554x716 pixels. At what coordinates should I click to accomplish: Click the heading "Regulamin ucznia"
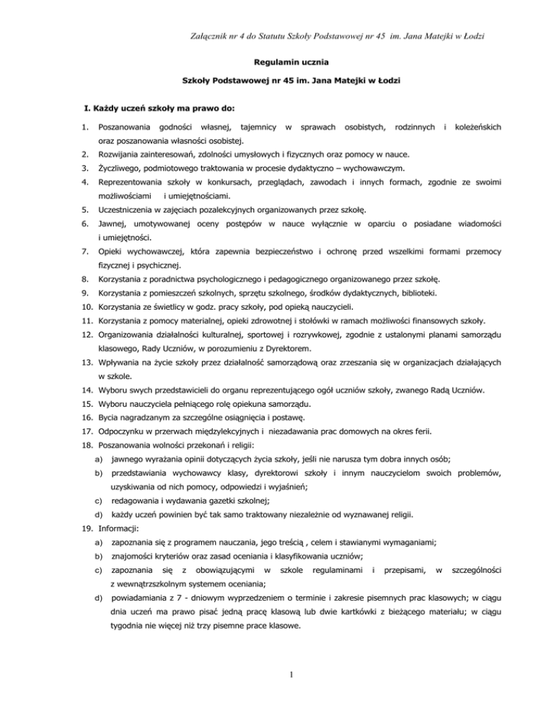(276, 63)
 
